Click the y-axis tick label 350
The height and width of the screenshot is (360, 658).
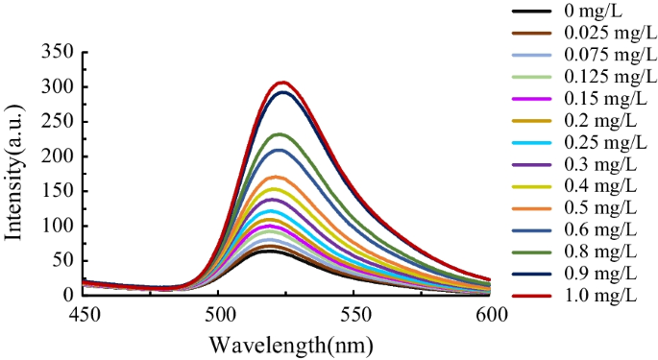pyautogui.click(x=57, y=53)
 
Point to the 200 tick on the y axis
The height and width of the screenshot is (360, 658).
pyautogui.click(x=57, y=156)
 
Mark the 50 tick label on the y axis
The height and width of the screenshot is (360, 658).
pyautogui.click(x=61, y=260)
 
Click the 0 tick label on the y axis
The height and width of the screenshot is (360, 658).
pyautogui.click(x=66, y=295)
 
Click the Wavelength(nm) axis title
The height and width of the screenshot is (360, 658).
pyautogui.click(x=285, y=344)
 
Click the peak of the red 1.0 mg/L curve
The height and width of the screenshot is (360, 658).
pyautogui.click(x=282, y=83)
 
